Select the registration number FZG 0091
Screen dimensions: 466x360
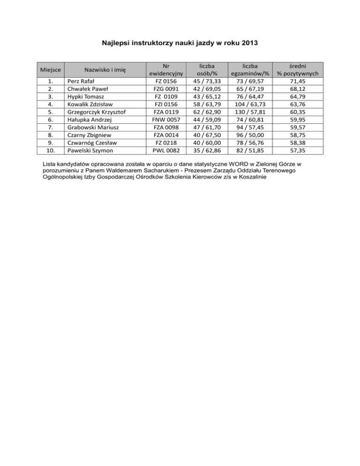click(x=166, y=89)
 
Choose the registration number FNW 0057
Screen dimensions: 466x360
click(x=166, y=120)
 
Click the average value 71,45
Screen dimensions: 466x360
click(x=298, y=81)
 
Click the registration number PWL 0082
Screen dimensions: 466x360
click(x=166, y=150)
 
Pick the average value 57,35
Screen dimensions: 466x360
click(x=298, y=150)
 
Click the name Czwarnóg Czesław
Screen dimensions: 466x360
click(x=91, y=143)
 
